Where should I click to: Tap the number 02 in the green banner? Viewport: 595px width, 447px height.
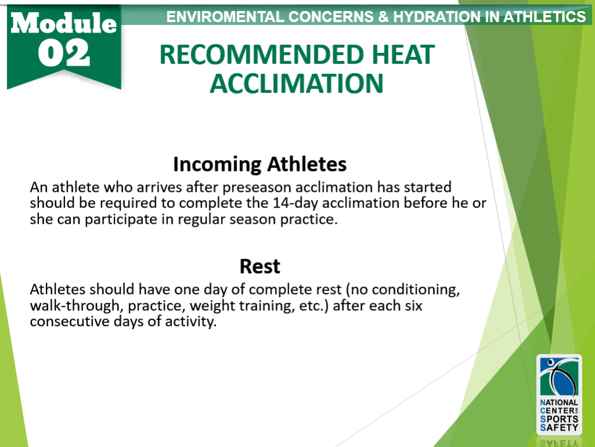click(x=64, y=53)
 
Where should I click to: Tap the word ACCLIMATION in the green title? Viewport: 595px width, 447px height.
click(x=296, y=84)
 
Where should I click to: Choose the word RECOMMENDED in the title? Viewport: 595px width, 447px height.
click(x=255, y=55)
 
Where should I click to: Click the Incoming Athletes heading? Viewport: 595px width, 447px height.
click(x=260, y=165)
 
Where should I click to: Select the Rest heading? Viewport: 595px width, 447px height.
click(x=260, y=266)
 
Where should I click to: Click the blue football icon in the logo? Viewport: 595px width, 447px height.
click(x=559, y=377)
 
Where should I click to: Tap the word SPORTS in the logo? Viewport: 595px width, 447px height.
click(x=559, y=419)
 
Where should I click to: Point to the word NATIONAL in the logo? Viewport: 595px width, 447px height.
click(x=559, y=402)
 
